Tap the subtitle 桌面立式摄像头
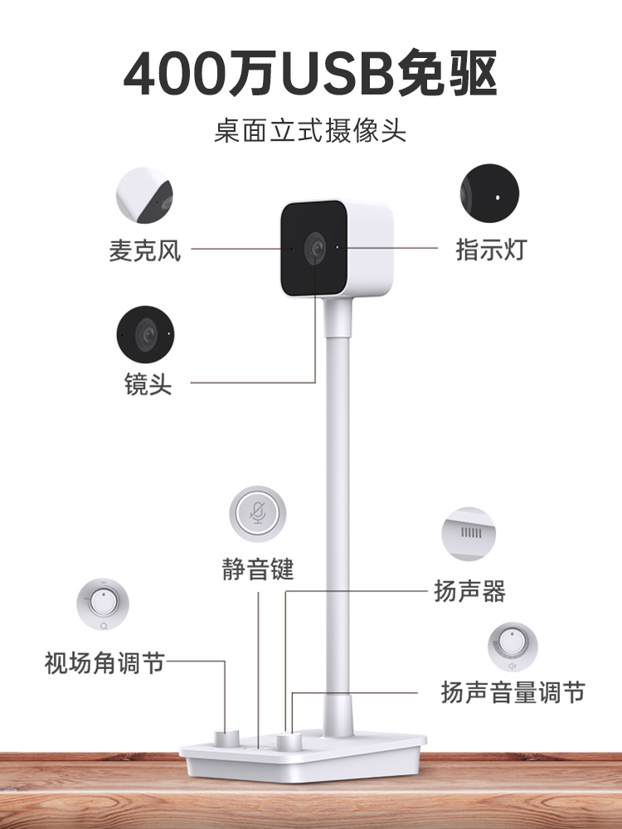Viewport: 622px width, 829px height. point(310,131)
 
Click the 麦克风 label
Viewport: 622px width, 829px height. point(144,250)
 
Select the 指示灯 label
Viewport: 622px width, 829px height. point(491,250)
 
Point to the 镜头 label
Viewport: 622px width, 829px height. point(148,385)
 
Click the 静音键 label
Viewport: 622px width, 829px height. point(258,570)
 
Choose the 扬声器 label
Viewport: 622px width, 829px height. point(469,591)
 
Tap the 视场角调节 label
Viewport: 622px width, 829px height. point(104,663)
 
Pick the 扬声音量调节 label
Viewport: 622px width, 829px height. point(513,692)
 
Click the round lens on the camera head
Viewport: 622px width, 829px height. point(315,247)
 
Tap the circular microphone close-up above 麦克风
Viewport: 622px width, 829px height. point(143,196)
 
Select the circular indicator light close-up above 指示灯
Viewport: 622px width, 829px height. point(490,196)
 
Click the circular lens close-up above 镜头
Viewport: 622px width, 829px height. point(146,335)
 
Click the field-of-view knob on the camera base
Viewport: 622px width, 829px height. point(226,738)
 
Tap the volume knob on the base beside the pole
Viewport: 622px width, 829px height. point(289,740)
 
